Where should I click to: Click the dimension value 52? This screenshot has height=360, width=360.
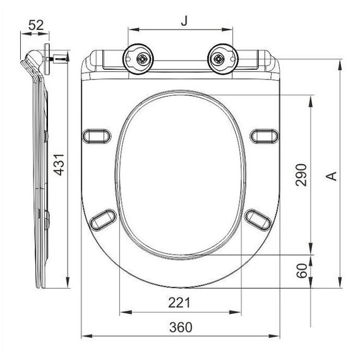click(x=36, y=25)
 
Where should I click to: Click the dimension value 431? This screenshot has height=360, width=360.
click(x=59, y=165)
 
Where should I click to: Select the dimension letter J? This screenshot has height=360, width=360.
click(x=184, y=21)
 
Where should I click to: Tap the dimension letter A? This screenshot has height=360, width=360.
click(x=332, y=176)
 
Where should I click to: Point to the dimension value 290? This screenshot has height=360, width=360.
click(x=301, y=175)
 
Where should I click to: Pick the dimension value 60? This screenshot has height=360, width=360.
click(x=301, y=271)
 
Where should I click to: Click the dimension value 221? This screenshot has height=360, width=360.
click(x=179, y=303)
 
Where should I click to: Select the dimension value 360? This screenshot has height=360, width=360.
click(x=181, y=327)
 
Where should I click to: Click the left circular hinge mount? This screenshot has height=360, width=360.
click(x=138, y=59)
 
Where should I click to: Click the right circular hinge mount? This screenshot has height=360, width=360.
click(x=223, y=59)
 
